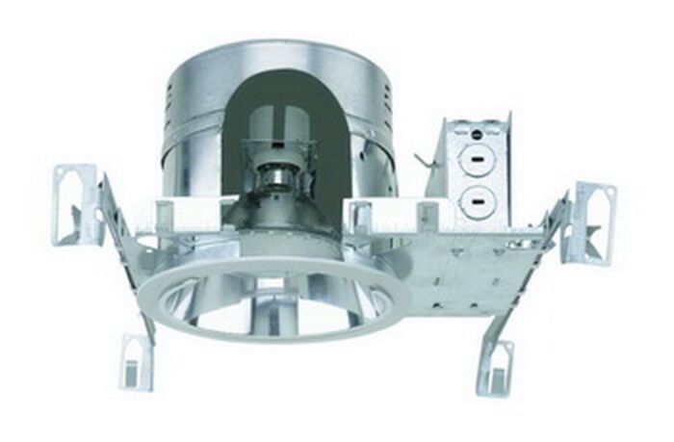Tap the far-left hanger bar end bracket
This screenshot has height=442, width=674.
[x=78, y=202]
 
